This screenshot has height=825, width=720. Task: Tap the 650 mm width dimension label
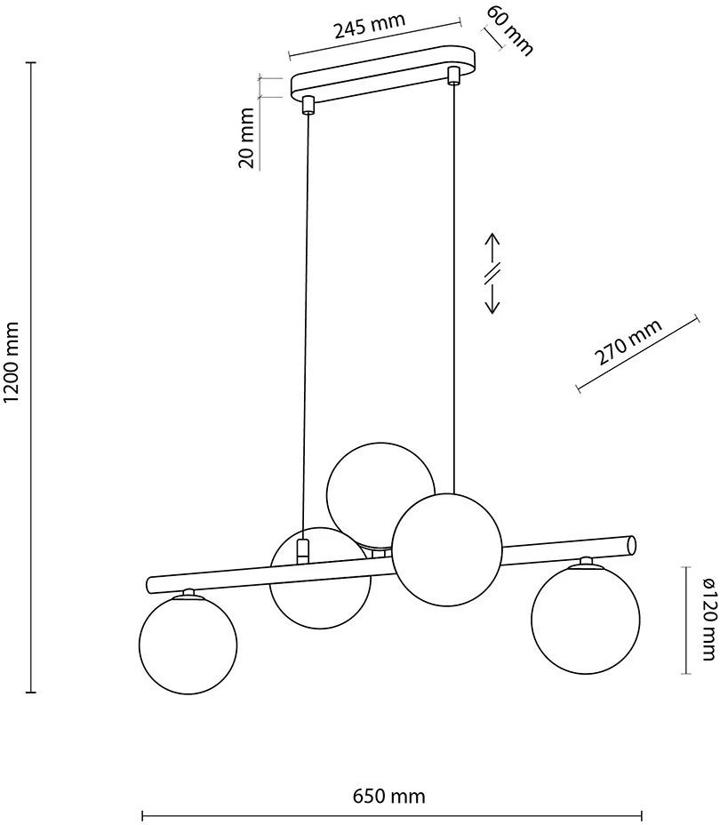click(388, 796)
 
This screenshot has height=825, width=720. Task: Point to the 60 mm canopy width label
click(509, 29)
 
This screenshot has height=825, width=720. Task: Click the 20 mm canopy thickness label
click(246, 138)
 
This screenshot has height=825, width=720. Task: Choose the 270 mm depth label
click(628, 342)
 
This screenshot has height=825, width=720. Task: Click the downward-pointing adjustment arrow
click(492, 297)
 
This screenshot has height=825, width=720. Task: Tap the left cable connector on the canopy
click(308, 105)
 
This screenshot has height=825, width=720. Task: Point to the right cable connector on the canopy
click(452, 76)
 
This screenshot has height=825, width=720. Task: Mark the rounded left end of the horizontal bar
click(150, 584)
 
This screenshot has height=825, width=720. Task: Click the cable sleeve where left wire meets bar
click(302, 551)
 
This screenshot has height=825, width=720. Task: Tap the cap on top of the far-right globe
click(586, 563)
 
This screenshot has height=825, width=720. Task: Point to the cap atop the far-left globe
click(188, 593)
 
